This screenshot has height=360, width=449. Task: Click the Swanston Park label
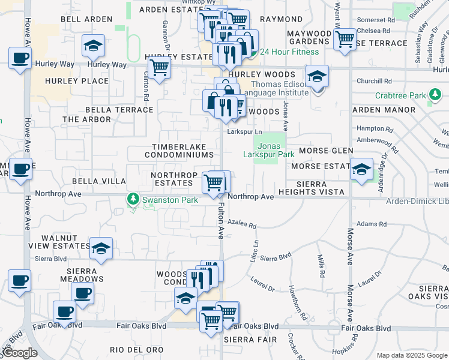[x=163, y=199]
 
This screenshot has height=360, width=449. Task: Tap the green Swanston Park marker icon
[x=132, y=199]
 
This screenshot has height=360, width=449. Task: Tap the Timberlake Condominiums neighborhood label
[x=179, y=151]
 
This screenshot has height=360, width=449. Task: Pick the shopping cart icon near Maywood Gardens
[x=345, y=39]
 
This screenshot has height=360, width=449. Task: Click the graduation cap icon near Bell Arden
[x=94, y=46]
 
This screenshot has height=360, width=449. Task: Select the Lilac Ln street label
[x=256, y=248]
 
